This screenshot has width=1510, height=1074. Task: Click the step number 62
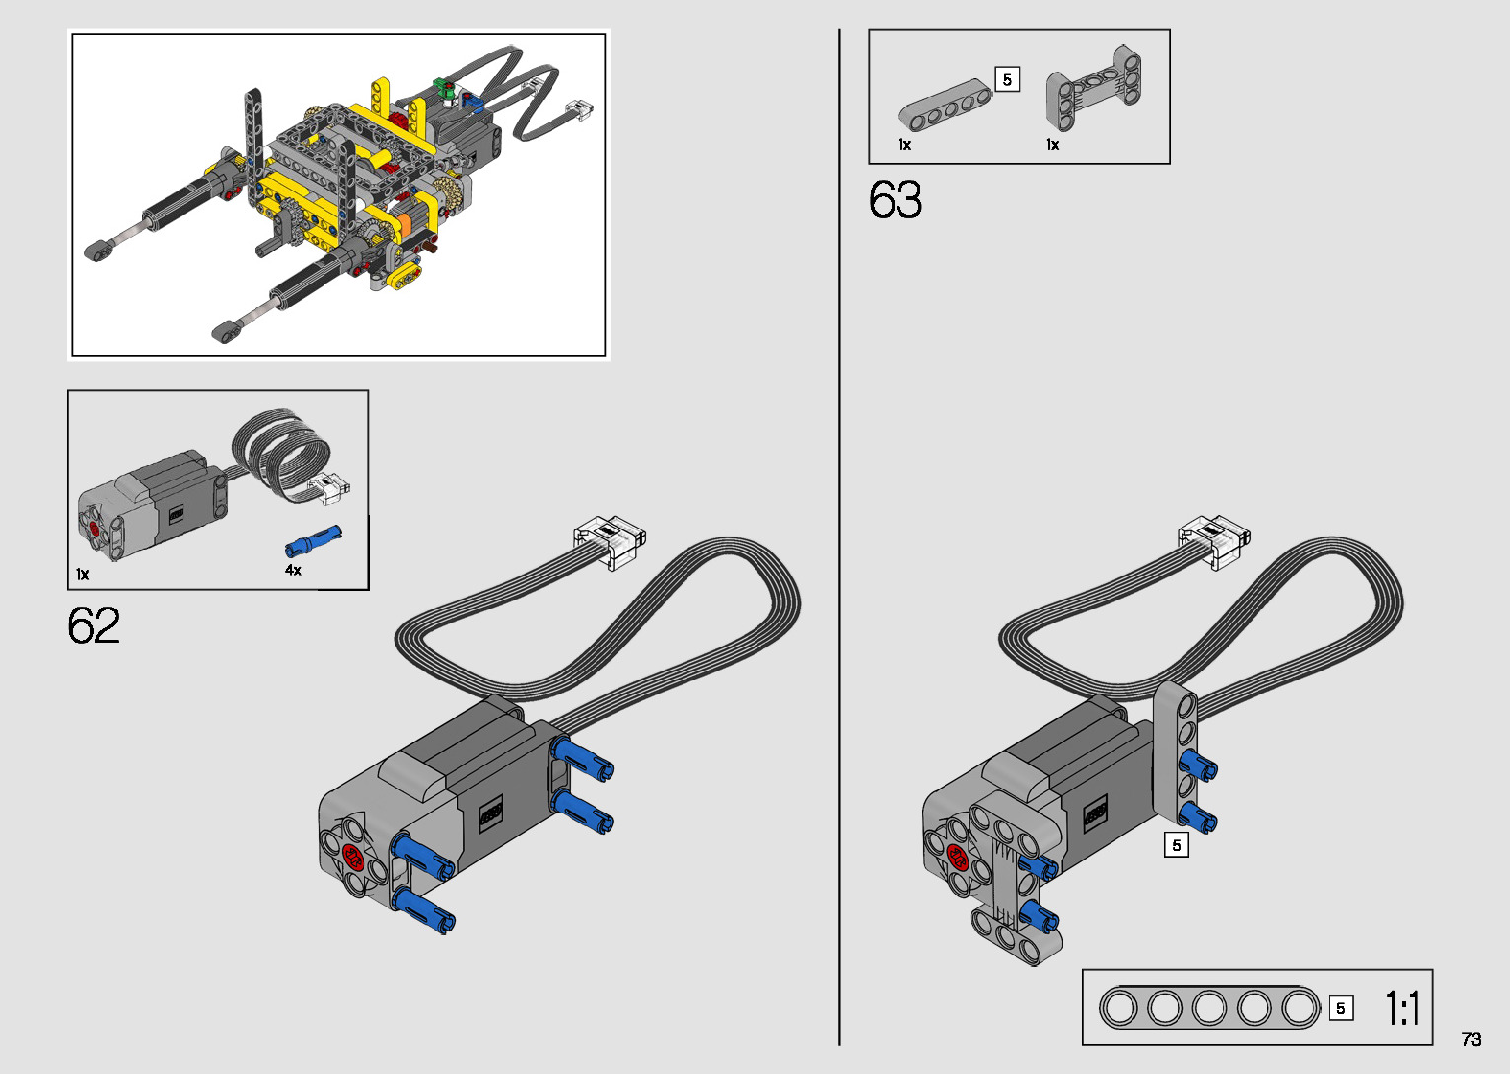pos(94,625)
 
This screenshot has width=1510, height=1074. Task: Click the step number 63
pos(896,199)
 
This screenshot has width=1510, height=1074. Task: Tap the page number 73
pos(1472,1038)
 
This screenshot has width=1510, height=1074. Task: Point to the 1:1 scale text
pos(1402,1008)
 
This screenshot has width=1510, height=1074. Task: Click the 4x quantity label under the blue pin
pos(293,570)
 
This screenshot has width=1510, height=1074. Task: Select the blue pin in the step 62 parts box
pos(314,540)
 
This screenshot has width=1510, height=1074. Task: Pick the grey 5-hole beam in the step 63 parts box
pos(945,104)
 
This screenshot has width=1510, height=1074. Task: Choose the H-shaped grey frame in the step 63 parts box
pos(1094,88)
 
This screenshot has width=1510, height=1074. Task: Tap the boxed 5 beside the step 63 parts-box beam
pos(1007,80)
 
